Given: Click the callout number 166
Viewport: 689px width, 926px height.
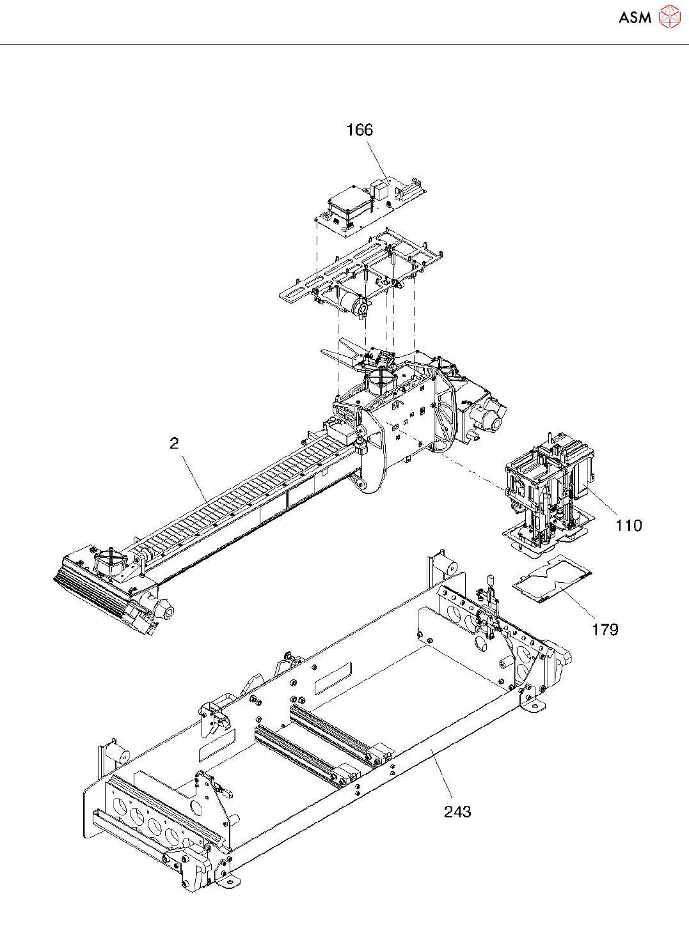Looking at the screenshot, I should (x=359, y=130).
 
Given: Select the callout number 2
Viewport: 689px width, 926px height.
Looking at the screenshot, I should (x=174, y=444).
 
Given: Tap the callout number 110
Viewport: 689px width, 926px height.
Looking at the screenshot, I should (x=628, y=525).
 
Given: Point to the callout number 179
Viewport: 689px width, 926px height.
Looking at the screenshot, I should (x=605, y=629).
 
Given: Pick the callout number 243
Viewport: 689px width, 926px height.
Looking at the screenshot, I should (x=457, y=812).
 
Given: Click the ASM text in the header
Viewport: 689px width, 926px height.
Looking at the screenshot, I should (x=635, y=18).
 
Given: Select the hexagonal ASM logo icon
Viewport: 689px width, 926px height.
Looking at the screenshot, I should (x=669, y=17).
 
